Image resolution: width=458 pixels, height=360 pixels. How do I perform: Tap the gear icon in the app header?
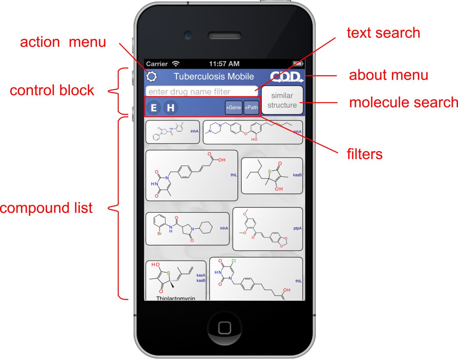[152, 76]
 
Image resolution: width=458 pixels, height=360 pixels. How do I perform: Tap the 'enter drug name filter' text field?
[202, 92]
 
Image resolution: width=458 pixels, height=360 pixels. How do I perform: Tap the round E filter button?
[154, 108]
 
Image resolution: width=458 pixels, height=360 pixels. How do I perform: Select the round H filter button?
[171, 108]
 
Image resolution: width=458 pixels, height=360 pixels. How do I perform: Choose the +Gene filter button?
[234, 108]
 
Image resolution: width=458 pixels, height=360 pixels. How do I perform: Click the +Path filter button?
[251, 108]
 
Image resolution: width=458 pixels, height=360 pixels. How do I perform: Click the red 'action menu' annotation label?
[63, 42]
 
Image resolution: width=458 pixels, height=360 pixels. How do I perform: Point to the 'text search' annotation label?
[383, 33]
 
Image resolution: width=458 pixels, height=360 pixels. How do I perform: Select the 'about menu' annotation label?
[389, 75]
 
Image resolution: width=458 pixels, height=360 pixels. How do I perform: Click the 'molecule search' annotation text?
[403, 102]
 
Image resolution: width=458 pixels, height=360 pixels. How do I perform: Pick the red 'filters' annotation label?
[364, 154]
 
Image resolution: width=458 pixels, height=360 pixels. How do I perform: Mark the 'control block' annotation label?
[52, 90]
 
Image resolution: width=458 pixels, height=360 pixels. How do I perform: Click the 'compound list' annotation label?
[47, 208]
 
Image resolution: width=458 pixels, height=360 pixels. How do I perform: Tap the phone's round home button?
[224, 328]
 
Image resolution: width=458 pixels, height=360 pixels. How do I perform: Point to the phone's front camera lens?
[188, 36]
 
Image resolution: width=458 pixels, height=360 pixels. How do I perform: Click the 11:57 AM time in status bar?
[224, 64]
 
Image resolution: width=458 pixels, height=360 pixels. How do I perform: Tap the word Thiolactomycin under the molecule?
[176, 298]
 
